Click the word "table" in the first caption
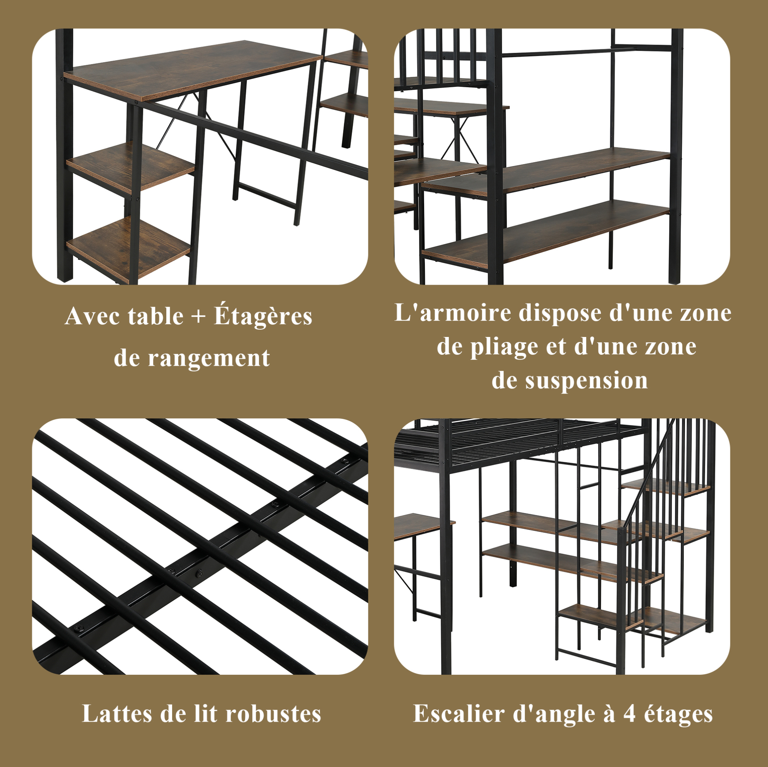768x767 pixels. (155, 317)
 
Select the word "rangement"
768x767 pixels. (209, 358)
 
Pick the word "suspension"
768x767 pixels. (586, 381)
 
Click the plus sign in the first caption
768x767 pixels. (198, 317)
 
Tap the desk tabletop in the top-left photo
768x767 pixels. (193, 69)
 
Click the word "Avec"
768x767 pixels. (94, 316)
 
